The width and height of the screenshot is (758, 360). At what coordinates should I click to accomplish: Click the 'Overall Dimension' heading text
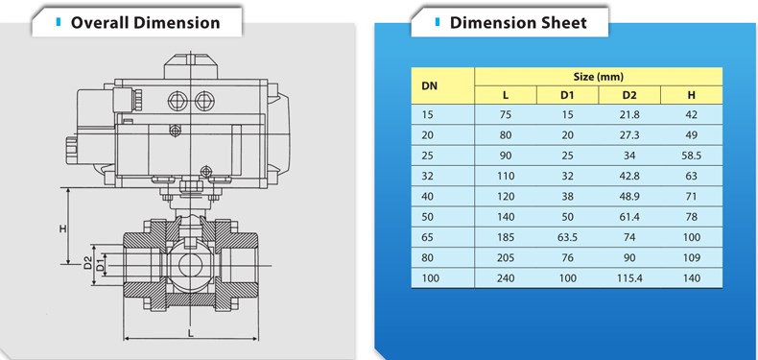pyautogui.click(x=145, y=22)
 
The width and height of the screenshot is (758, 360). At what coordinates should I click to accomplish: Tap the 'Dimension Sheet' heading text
pyautogui.click(x=518, y=22)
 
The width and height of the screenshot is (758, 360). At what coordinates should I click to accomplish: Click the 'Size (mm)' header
pyautogui.click(x=599, y=77)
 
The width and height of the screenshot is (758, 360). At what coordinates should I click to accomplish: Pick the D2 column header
pyautogui.click(x=629, y=95)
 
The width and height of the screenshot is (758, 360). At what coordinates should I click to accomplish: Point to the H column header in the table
pyautogui.click(x=691, y=95)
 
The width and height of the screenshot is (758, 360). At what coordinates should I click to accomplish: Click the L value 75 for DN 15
pyautogui.click(x=506, y=114)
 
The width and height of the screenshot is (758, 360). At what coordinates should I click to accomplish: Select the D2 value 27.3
pyautogui.click(x=629, y=135)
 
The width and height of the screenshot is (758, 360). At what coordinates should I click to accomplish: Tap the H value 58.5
pyautogui.click(x=691, y=156)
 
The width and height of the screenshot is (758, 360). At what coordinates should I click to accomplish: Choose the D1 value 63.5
pyautogui.click(x=567, y=237)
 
